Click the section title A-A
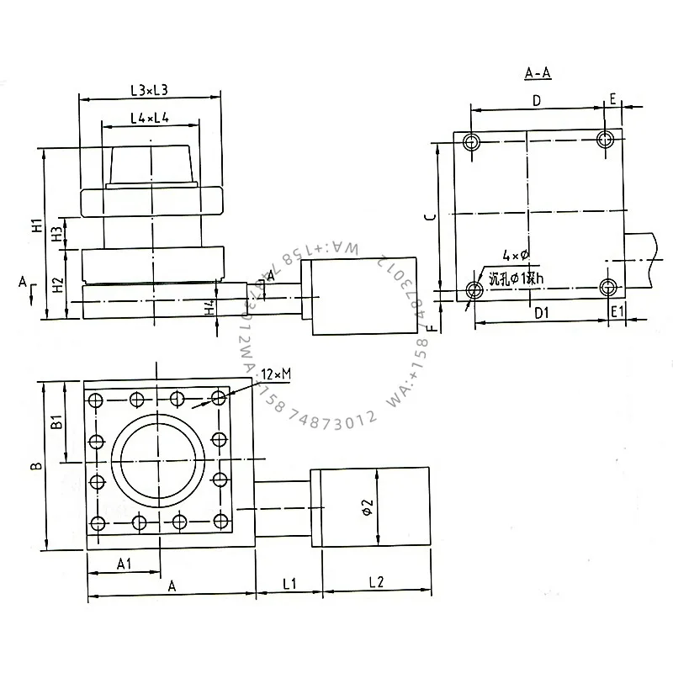point(538,74)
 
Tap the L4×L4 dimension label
point(150,119)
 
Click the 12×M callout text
point(275,373)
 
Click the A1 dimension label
point(122,564)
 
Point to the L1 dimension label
point(289,582)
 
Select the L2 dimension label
point(376,582)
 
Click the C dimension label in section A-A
point(428,216)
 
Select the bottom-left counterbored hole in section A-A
point(474,290)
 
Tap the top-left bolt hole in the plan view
point(96,398)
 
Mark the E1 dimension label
point(617,312)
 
